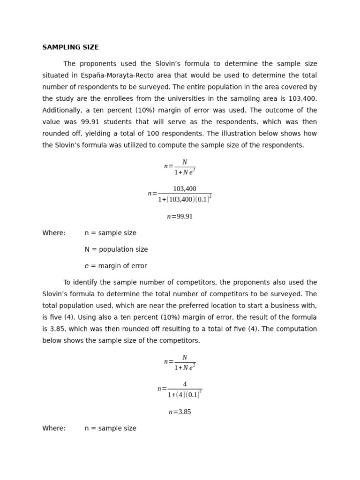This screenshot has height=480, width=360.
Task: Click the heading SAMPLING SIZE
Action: click(70, 47)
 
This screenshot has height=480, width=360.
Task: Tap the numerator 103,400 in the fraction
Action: click(185, 189)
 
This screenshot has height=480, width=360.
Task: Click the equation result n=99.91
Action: click(180, 217)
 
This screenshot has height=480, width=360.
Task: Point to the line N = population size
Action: click(116, 249)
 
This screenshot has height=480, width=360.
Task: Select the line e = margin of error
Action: click(116, 266)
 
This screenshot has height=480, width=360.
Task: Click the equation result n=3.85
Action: click(180, 412)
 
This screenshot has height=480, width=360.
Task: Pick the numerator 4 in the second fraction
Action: click(185, 384)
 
